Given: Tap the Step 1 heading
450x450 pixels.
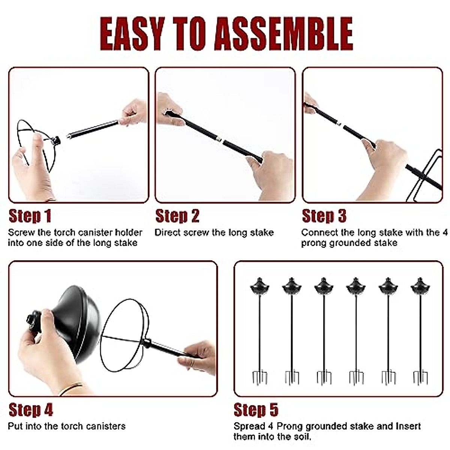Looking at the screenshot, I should (30, 216).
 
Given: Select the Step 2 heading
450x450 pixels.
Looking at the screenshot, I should (177, 216).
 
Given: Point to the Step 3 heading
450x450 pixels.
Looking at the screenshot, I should (324, 216).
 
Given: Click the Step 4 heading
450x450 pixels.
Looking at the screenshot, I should (30, 410).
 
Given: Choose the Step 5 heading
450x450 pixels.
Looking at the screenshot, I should (256, 410).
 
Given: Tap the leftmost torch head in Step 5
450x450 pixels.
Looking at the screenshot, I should (259, 287).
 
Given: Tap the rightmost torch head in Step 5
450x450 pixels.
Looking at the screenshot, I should (420, 287).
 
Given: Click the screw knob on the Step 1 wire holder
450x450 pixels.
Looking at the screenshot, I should (57, 141).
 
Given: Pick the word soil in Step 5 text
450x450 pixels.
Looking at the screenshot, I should (300, 436).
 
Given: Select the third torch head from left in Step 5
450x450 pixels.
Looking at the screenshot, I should (324, 287).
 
